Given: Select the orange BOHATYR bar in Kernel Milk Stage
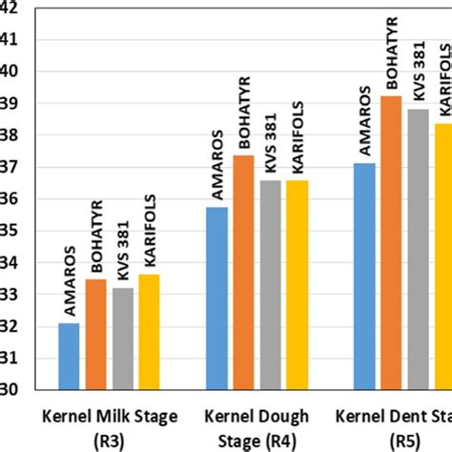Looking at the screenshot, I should pyautogui.click(x=95, y=334).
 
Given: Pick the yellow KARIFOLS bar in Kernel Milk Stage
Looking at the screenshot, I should pyautogui.click(x=149, y=332).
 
